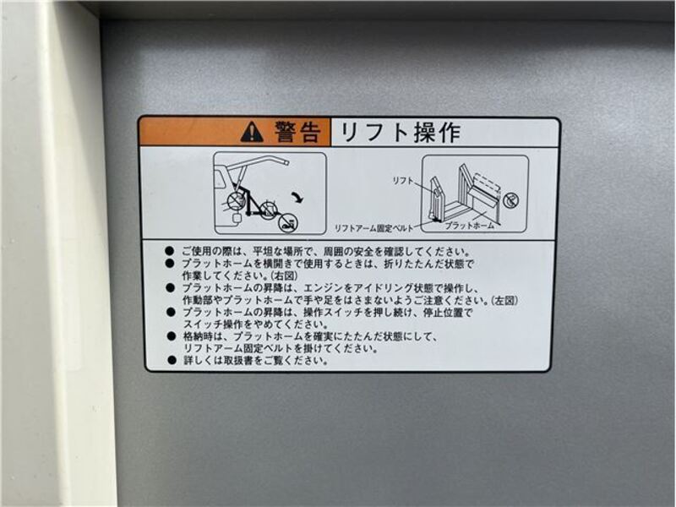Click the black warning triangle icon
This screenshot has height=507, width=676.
[252, 132]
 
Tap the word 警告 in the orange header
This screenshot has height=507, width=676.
[298, 132]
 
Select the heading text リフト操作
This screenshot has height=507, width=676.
[400, 132]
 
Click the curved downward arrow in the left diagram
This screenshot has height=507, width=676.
[297, 198]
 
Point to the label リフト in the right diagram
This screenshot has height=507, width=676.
[403, 181]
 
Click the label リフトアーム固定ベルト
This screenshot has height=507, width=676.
[373, 228]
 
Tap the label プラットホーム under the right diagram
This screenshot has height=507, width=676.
[470, 225]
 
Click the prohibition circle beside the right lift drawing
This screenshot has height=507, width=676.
[511, 199]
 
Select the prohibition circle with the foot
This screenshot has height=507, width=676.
[286, 224]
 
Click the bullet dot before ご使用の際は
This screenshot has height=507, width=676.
[170, 251]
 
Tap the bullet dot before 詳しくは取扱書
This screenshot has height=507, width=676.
[172, 360]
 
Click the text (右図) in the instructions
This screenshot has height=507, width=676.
[284, 275]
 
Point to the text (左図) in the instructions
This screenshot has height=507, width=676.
[504, 300]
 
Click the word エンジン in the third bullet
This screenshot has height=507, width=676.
[321, 287]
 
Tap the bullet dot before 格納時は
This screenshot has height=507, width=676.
[172, 335]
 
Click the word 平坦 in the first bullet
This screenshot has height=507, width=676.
[261, 251]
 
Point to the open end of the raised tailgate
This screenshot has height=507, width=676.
[286, 162]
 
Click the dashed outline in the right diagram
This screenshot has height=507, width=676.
[487, 181]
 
